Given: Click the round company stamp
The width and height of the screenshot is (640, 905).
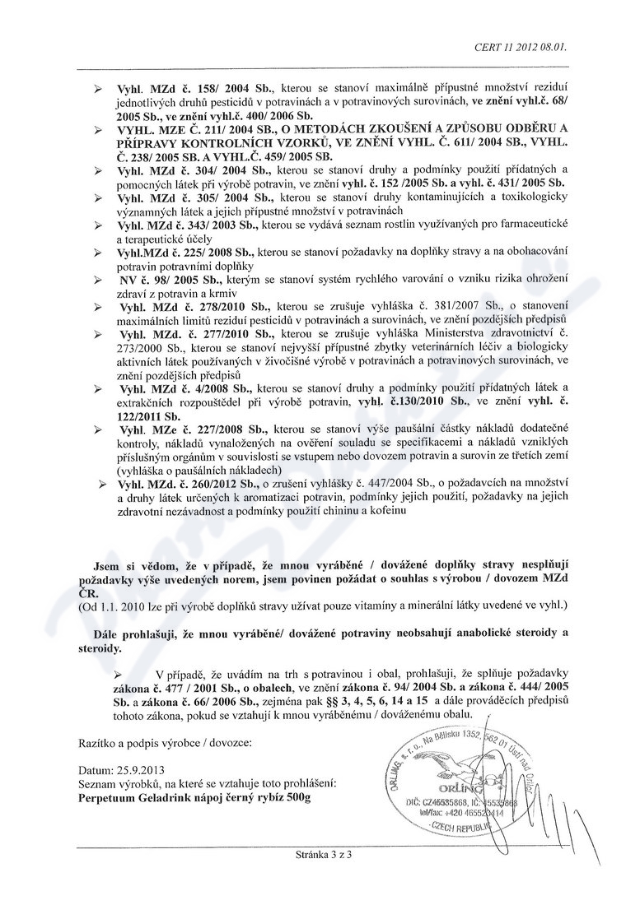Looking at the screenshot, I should pyautogui.click(x=440, y=782).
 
